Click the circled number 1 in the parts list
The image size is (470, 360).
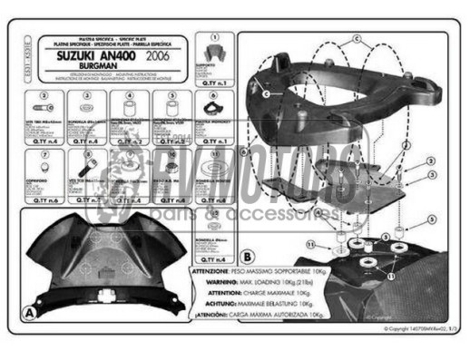(x=212, y=40)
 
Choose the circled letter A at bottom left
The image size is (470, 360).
(x=29, y=310)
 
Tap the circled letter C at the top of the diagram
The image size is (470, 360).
(x=357, y=39)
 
